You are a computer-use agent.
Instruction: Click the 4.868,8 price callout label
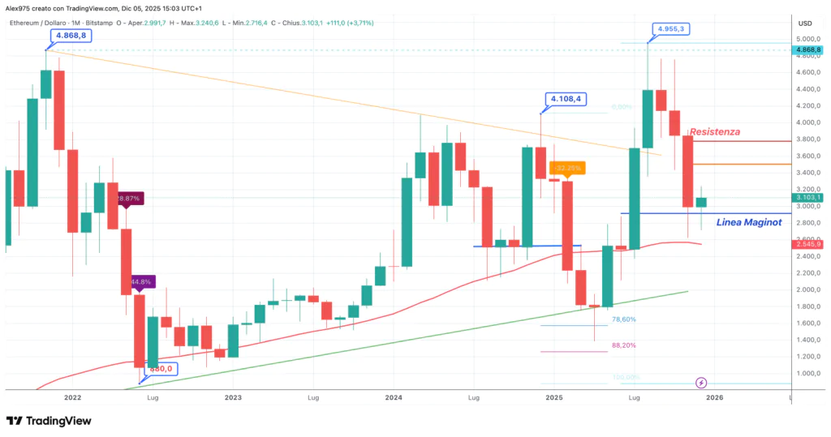pyautogui.click(x=72, y=36)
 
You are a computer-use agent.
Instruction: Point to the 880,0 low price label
pyautogui.click(x=161, y=369)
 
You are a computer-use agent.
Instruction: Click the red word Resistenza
pyautogui.click(x=714, y=131)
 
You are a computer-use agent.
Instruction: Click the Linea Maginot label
pyautogui.click(x=749, y=222)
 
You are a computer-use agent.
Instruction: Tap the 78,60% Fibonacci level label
pyautogui.click(x=623, y=319)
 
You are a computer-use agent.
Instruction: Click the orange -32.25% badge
pyautogui.click(x=567, y=168)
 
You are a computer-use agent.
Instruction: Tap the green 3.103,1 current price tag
pyautogui.click(x=809, y=197)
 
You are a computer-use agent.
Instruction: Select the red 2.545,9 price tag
pyautogui.click(x=809, y=243)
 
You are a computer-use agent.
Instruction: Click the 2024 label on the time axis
pyautogui.click(x=394, y=398)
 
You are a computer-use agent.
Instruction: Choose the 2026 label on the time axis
pyautogui.click(x=714, y=398)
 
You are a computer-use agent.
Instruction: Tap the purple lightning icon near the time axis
pyautogui.click(x=701, y=382)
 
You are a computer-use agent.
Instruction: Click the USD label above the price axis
pyautogui.click(x=806, y=23)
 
